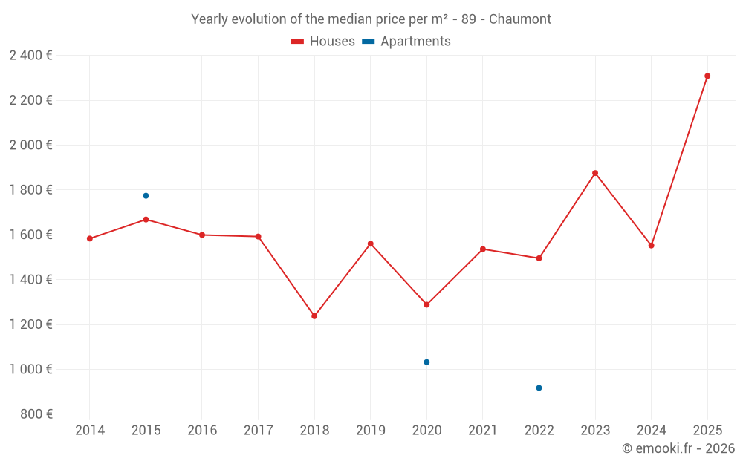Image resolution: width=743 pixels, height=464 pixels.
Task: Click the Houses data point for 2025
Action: [x=707, y=76]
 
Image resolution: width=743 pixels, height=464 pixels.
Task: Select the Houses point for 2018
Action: [x=314, y=316]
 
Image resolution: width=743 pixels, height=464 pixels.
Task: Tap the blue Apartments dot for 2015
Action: [x=146, y=196]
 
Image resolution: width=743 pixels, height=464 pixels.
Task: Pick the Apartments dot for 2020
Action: [x=426, y=362]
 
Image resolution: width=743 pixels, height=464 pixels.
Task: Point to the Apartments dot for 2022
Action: [x=539, y=388]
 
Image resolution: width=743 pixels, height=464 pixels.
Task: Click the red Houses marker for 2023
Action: [x=595, y=173]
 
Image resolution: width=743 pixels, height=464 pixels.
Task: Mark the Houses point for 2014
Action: [x=90, y=239]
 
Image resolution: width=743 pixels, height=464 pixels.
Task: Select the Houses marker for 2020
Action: [x=426, y=304]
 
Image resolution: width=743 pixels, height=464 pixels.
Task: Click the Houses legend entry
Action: [x=323, y=42]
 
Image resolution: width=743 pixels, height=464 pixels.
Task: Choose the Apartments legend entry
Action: [x=407, y=42]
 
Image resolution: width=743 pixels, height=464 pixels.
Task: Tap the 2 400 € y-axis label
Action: [x=30, y=56]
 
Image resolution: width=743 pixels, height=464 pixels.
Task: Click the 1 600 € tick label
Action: [x=30, y=235]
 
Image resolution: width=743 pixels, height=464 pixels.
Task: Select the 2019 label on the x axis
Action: [x=371, y=431]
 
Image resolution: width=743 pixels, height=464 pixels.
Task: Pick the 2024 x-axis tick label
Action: [x=651, y=431]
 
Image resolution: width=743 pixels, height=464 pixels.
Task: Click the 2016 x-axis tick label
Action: [x=202, y=431]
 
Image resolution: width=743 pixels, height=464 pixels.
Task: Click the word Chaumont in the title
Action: [x=520, y=19]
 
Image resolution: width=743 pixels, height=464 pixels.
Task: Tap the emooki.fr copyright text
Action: [x=678, y=448]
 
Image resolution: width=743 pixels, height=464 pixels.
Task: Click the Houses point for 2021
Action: [x=483, y=249]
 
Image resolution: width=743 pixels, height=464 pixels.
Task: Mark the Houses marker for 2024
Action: [x=651, y=246]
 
